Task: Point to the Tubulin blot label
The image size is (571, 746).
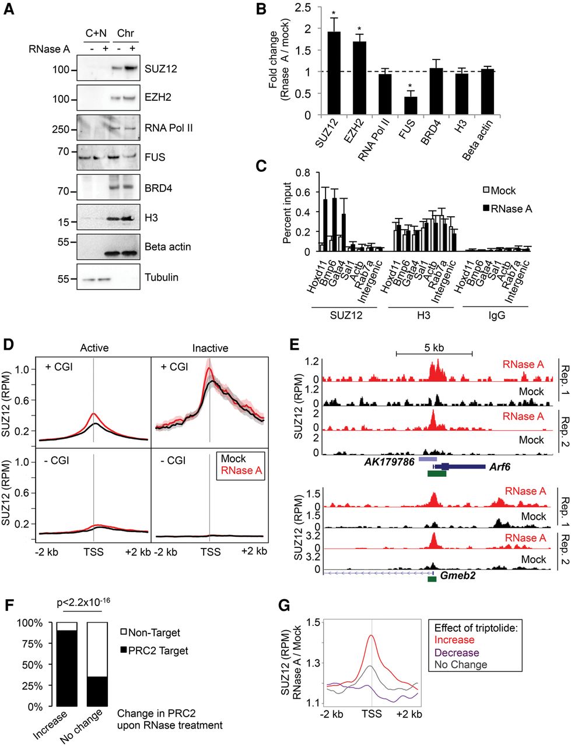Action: point(162,277)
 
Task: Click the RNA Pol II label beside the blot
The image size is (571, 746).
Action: point(169,128)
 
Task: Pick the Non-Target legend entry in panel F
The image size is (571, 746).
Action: point(153,632)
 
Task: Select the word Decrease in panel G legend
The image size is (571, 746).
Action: point(457,653)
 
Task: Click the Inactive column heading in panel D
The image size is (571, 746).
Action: point(210,348)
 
